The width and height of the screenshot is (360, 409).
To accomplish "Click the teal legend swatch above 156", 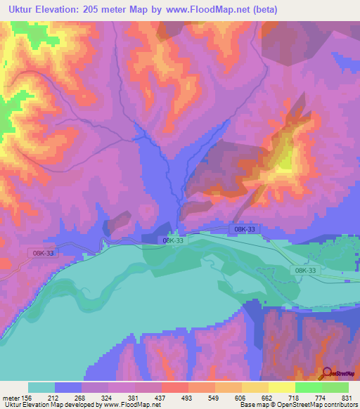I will pos(41,387).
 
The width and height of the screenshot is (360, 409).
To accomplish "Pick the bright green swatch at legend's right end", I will pos(335,387).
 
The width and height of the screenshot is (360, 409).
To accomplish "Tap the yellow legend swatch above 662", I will pos(255,387).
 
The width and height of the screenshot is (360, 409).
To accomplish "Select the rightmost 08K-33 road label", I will pos(305,271).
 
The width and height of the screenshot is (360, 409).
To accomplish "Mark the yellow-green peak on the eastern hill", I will pos(285,161).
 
